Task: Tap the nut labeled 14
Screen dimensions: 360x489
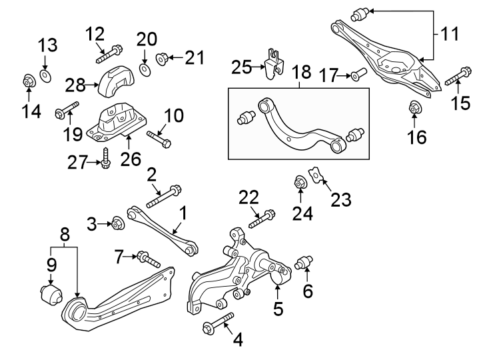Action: click(28, 81)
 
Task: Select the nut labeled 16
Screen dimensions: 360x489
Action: click(413, 106)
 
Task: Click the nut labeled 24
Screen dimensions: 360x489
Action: click(300, 181)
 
